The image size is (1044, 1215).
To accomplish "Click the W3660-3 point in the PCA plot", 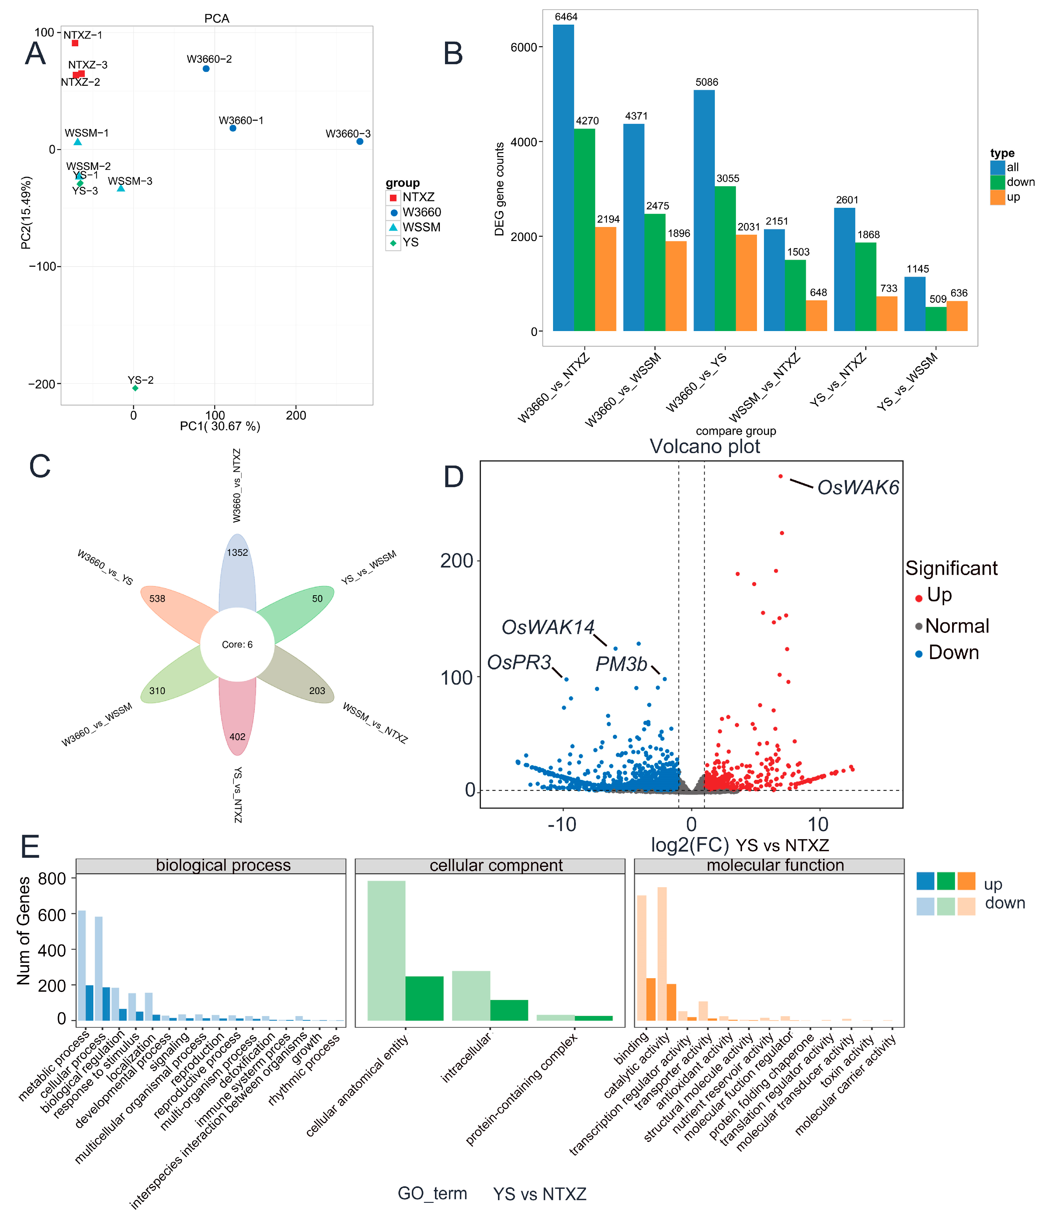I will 359,141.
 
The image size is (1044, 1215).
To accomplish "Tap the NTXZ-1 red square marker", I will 75,44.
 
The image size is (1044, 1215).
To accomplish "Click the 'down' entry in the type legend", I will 1021,182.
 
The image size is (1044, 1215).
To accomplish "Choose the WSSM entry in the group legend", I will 421,227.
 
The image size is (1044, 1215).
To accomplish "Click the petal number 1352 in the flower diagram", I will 237,552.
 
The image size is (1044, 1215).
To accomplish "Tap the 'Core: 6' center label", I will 237,644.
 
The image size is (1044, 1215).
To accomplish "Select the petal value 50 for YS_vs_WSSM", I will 317,599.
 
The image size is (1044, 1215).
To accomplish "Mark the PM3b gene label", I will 621,664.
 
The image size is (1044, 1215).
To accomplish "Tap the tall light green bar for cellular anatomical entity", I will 386,950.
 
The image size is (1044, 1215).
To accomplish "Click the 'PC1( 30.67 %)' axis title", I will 220,426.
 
